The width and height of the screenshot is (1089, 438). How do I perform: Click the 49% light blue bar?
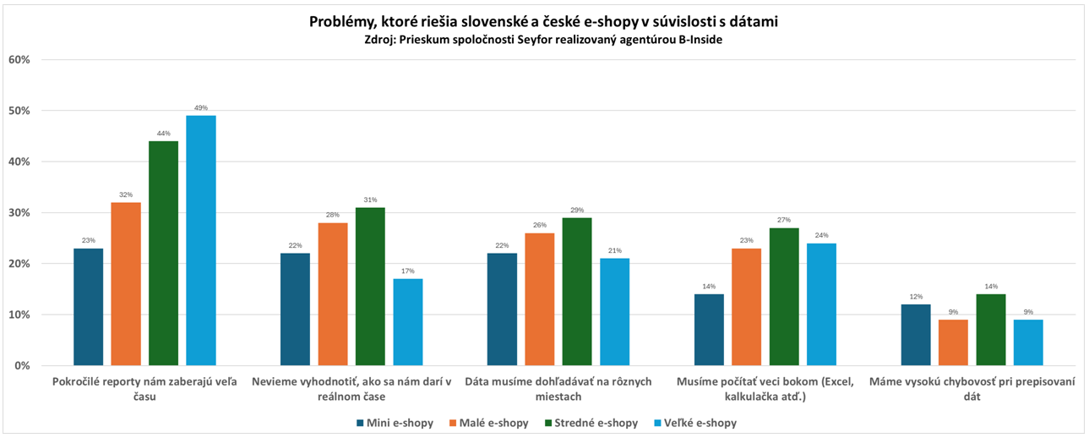point(200,241)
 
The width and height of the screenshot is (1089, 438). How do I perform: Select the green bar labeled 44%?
point(163,254)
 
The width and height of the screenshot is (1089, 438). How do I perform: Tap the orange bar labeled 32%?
point(126,284)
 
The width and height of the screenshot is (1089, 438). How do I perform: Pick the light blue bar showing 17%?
point(408,322)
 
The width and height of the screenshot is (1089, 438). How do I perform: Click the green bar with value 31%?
point(370,287)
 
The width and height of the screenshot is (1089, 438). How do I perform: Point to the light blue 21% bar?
point(614,312)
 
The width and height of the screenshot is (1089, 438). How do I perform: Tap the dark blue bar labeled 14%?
point(709,330)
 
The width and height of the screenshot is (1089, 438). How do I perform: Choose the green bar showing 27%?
point(783,297)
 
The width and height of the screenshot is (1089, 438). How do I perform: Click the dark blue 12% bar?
point(916,335)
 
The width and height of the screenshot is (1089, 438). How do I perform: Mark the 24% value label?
point(821,235)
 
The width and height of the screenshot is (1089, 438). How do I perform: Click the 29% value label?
point(577,210)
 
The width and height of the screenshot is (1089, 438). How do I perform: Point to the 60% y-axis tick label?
point(19,60)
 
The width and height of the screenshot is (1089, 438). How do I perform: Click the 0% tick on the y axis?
point(22,366)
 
